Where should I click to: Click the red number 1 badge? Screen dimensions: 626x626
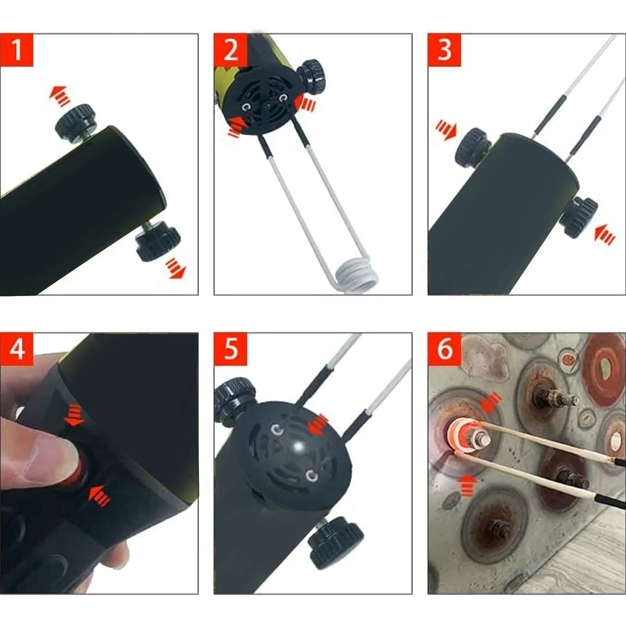click(17, 50)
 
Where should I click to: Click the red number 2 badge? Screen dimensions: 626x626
click(231, 50)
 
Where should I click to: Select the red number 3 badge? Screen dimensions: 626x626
click(445, 50)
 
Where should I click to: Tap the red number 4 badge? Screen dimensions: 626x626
click(17, 349)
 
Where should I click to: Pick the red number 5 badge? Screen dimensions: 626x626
click(231, 349)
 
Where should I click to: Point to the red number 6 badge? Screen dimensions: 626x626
click(445, 349)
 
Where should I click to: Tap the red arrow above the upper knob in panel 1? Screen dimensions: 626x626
click(60, 96)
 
